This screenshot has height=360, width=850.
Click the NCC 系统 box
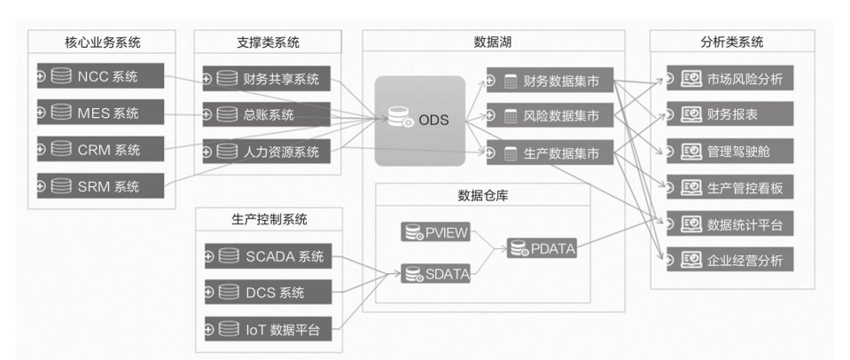[x=100, y=76]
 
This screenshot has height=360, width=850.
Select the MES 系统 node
[x=100, y=113]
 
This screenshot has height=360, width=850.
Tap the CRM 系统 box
[x=100, y=149]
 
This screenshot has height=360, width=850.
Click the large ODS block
[x=419, y=121]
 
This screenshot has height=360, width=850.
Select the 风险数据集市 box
[x=550, y=116]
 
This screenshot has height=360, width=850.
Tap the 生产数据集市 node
[x=550, y=153]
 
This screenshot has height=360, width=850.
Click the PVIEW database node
[x=434, y=233]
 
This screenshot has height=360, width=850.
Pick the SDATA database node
[x=434, y=274]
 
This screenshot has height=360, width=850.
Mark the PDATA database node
[x=542, y=250]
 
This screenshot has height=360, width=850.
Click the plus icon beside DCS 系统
[x=210, y=293]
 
